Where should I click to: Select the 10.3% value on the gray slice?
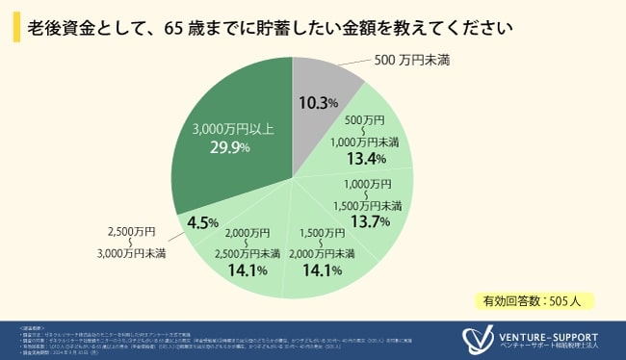(x=318, y=102)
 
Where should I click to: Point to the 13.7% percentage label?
(x=371, y=221)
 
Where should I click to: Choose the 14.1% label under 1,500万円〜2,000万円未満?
(x=324, y=270)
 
